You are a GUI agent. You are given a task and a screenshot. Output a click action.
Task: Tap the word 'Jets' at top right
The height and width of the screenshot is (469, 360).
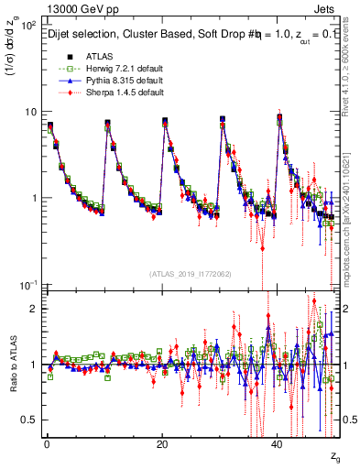coord(327,8)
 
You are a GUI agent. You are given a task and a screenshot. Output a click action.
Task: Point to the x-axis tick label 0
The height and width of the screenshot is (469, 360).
coord(46,444)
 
